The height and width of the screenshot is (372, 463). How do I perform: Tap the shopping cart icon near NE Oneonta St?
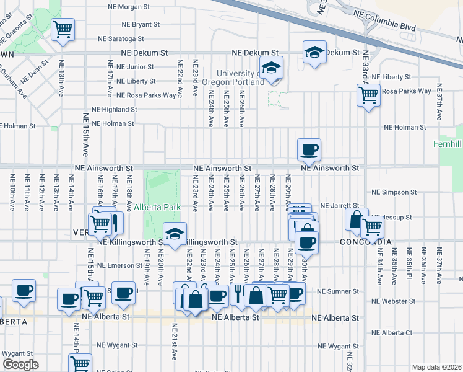click(63, 29)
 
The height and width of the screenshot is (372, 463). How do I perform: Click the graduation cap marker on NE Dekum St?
click(314, 52)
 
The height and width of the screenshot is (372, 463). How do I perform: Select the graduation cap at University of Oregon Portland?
click(271, 67)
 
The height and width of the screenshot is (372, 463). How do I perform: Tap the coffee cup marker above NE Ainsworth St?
click(309, 149)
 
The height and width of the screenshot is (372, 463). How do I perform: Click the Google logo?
click(20, 365)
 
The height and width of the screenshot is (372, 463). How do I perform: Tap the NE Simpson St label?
click(394, 192)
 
